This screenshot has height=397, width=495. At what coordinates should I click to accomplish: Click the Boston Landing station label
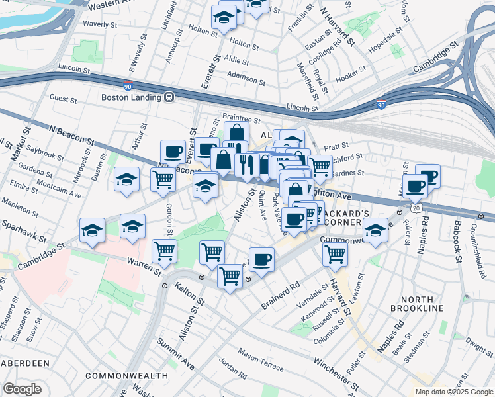[x=131, y=97]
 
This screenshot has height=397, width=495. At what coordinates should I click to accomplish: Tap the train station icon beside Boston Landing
[x=169, y=97]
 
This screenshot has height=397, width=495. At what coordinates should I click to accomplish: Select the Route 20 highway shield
[x=415, y=208]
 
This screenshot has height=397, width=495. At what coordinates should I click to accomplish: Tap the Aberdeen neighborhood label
[x=24, y=363]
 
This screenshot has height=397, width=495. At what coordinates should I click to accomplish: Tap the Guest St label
[x=64, y=99]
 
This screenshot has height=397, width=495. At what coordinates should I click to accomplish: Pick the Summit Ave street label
[x=175, y=354]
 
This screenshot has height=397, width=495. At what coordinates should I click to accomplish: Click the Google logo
[x=22, y=389]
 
